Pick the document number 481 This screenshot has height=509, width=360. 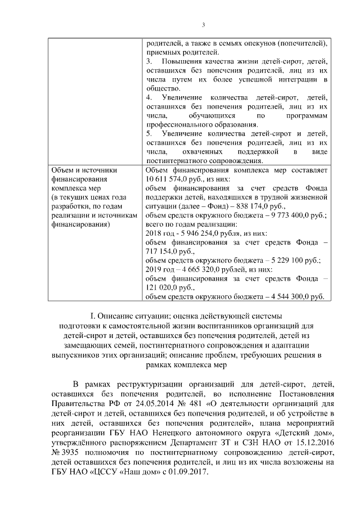point(189,403)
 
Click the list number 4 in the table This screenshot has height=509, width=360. point(148,97)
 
